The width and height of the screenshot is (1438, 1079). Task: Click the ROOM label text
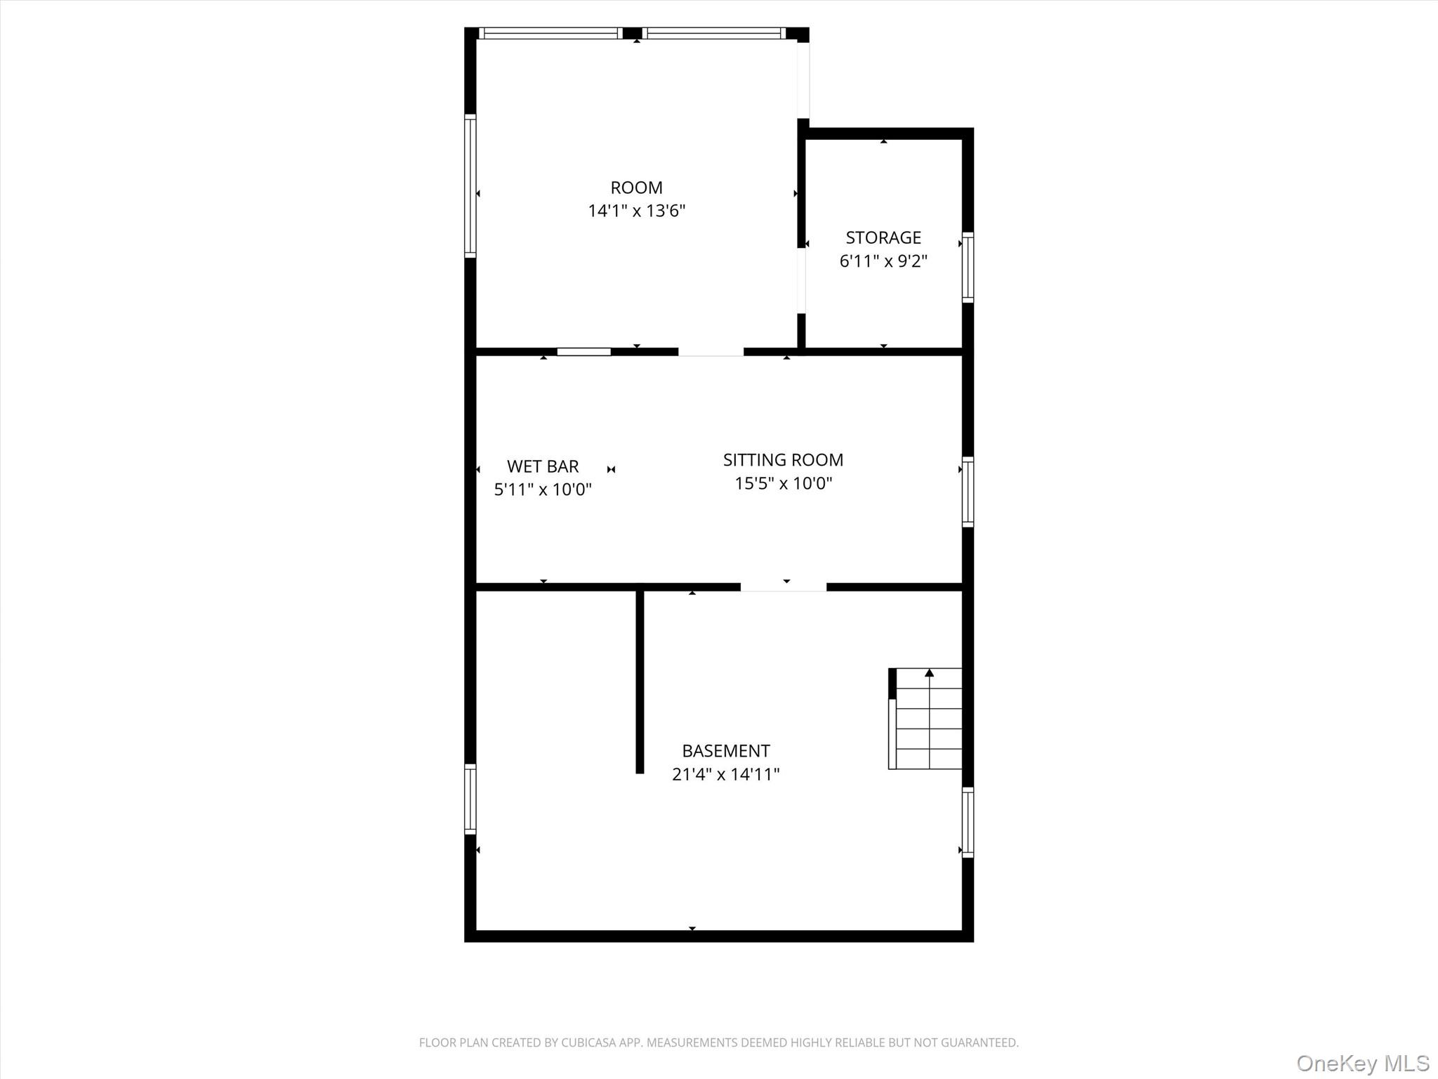click(x=636, y=188)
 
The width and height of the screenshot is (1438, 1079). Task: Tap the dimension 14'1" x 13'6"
click(x=636, y=211)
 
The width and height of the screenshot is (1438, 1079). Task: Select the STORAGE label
click(x=883, y=237)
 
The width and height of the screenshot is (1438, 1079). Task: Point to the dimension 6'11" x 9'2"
click(x=883, y=261)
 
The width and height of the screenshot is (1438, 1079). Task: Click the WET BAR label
click(x=543, y=466)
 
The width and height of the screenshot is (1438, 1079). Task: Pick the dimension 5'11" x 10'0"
click(x=543, y=490)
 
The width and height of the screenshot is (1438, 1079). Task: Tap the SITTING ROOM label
click(x=783, y=460)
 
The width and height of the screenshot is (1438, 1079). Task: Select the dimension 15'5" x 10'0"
click(x=783, y=483)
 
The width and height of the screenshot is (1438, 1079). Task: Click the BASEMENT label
click(x=726, y=751)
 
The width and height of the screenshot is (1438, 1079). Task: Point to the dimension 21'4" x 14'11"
click(x=726, y=774)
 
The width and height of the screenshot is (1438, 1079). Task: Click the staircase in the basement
click(x=925, y=719)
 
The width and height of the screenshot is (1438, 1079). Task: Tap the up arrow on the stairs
click(x=930, y=673)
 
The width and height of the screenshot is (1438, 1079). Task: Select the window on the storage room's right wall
click(x=968, y=267)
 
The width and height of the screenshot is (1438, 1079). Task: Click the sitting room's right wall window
click(x=968, y=492)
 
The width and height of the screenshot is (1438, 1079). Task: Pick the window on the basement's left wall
click(x=470, y=799)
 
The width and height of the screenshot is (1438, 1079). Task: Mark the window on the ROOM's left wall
click(x=470, y=185)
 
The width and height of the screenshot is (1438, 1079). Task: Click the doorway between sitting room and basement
click(x=783, y=587)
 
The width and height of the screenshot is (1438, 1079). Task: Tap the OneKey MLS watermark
click(x=1363, y=1063)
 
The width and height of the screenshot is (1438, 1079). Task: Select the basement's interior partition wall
click(x=640, y=681)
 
